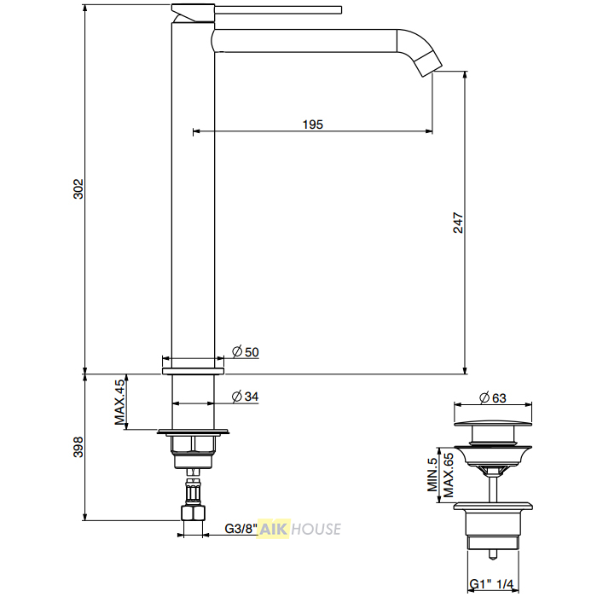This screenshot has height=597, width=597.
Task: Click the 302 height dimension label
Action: (78, 188)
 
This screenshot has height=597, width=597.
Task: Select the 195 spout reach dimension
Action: (313, 125)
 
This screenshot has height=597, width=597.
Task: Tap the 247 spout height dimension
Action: (458, 223)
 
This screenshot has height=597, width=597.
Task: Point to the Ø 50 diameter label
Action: (246, 351)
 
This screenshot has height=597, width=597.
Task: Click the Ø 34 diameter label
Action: (246, 397)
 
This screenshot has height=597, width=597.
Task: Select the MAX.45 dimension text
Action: (119, 402)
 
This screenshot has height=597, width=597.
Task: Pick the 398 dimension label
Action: (78, 447)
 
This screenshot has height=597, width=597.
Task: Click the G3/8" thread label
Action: (241, 529)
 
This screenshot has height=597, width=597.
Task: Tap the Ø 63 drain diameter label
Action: (493, 398)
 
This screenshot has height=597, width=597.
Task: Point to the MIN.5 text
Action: (432, 475)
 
